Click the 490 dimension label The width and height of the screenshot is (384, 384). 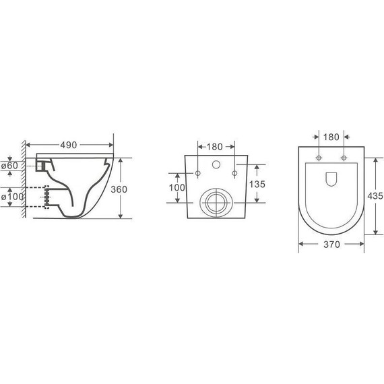[67, 145]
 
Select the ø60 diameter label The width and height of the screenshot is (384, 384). [10, 165]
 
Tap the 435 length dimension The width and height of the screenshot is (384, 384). [375, 195]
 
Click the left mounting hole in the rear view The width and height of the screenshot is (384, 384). [197, 174]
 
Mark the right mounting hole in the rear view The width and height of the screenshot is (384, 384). [234, 174]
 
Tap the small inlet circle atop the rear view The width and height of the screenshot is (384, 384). [216, 164]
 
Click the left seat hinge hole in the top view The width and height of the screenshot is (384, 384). [317, 159]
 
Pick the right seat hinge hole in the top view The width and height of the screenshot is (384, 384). [344, 159]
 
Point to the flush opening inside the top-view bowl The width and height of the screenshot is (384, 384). [331, 179]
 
